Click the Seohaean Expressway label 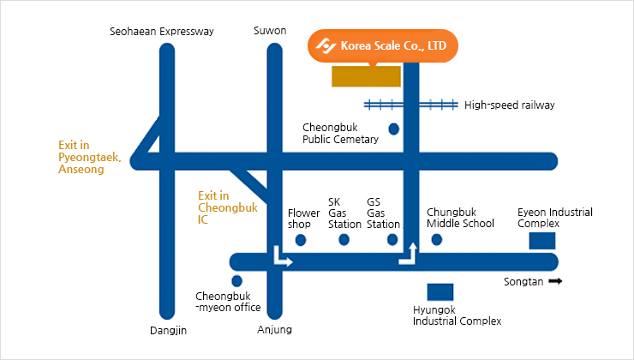[162, 32]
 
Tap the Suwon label [270, 32]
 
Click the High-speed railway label [509, 105]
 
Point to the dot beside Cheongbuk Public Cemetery [394, 129]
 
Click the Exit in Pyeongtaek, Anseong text [90, 158]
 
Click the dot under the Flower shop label [301, 240]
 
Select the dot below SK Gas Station [344, 240]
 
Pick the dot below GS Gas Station [393, 240]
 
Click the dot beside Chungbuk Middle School [437, 240]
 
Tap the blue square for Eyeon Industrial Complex [541, 241]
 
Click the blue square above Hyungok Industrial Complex [440, 292]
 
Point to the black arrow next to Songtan [555, 281]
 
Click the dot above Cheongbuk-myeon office [237, 281]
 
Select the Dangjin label [167, 330]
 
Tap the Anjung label [274, 330]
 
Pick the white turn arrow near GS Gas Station [408, 255]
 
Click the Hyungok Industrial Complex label [457, 315]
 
